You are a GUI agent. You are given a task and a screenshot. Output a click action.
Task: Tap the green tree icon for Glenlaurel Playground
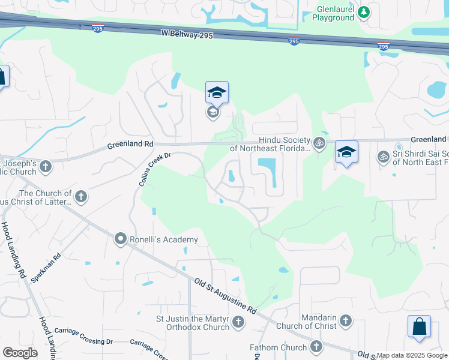point(363,12)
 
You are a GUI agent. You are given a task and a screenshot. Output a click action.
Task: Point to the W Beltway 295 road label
point(187,35)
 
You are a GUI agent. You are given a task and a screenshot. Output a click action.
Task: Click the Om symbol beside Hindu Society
point(319,143)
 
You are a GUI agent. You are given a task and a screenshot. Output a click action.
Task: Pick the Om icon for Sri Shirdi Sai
point(383,157)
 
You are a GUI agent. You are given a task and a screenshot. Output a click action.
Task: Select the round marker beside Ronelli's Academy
point(120,239)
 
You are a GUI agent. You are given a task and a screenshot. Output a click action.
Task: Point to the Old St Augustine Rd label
point(224,295)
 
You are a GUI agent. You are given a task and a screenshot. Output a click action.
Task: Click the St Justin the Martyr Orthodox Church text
point(192,323)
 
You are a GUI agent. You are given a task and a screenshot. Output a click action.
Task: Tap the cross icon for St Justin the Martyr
point(238,323)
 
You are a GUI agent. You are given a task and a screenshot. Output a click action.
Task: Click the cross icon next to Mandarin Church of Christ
point(345,321)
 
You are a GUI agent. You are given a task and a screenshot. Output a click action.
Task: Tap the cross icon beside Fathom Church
point(316,346)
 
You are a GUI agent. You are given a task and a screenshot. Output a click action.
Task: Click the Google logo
point(20,352)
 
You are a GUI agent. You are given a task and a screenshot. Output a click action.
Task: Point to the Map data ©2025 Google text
point(412,355)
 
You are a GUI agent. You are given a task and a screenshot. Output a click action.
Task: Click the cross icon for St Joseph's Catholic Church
point(46,166)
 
